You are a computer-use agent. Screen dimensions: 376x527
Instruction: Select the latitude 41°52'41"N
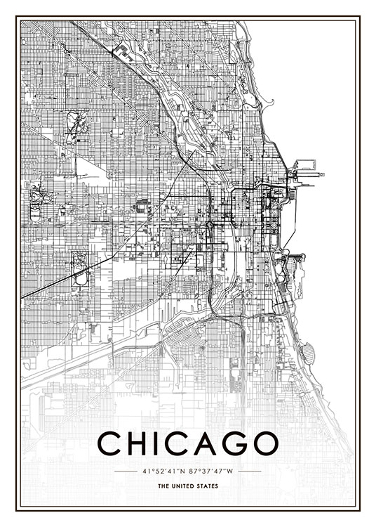click(x=164, y=471)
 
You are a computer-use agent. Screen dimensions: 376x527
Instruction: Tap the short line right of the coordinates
click(x=250, y=471)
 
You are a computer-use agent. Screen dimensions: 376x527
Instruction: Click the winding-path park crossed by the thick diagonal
click(x=80, y=266)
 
